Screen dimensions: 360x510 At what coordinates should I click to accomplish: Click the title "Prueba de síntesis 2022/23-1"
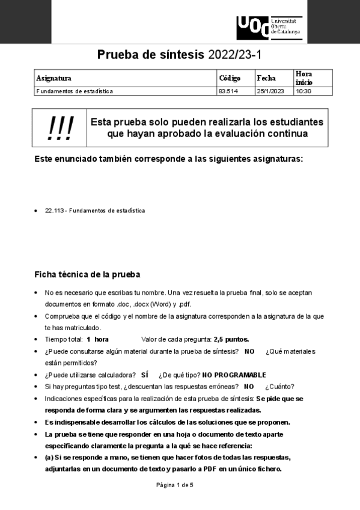[180, 55]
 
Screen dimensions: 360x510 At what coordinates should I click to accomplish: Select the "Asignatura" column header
[53, 78]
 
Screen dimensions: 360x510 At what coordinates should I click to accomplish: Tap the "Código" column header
[230, 78]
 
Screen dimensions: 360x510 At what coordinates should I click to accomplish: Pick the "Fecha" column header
[266, 78]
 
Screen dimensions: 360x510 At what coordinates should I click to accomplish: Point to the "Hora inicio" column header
[304, 78]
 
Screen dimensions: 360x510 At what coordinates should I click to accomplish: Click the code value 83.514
[227, 91]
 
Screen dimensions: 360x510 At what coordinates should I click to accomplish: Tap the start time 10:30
[302, 91]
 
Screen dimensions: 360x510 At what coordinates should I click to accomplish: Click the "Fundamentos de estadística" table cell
[75, 91]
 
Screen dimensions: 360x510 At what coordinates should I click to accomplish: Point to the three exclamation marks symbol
[61, 127]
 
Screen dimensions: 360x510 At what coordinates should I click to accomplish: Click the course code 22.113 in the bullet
[54, 210]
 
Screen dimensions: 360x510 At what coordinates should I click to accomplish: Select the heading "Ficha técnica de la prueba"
[87, 275]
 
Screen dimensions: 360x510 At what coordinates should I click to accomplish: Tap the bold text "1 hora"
[97, 339]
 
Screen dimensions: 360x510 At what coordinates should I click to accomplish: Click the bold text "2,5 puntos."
[231, 339]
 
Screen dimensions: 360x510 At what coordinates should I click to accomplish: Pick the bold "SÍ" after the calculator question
[144, 375]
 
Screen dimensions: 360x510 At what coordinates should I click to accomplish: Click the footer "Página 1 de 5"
[175, 485]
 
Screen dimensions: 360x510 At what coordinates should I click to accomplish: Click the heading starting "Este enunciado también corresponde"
[169, 159]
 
